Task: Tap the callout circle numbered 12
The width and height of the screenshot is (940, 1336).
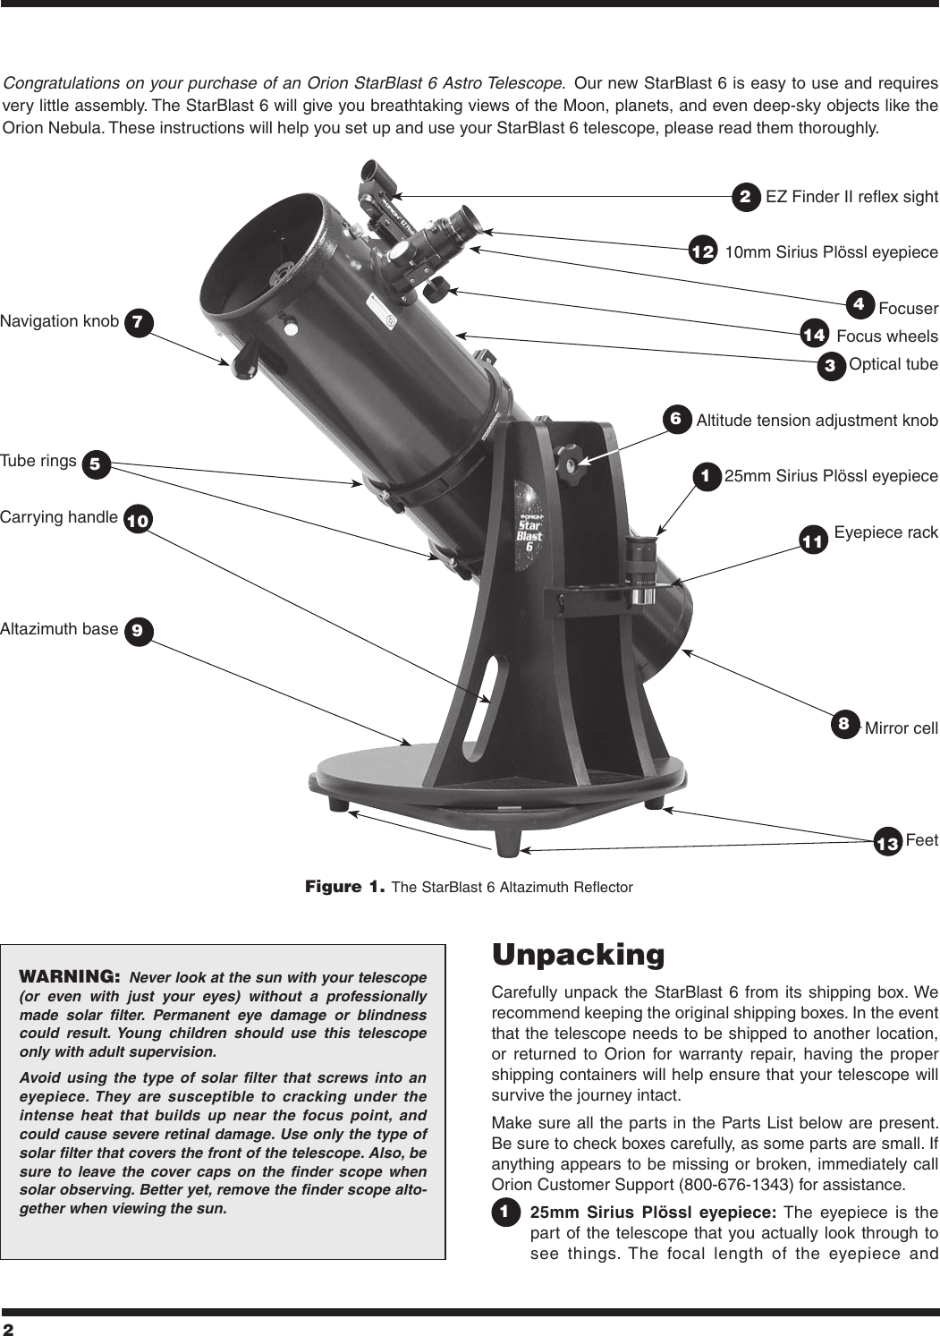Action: (x=703, y=252)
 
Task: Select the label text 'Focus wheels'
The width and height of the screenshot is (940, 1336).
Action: (x=886, y=336)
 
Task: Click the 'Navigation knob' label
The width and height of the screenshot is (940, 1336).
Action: (x=59, y=321)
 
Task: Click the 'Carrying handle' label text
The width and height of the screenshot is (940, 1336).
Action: (x=59, y=517)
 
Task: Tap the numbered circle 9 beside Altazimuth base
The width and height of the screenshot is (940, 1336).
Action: (x=137, y=630)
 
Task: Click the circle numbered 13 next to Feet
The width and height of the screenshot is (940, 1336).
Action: (x=887, y=843)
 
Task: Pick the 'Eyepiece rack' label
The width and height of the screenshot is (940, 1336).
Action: (x=885, y=533)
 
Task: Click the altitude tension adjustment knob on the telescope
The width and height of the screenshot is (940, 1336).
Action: (x=569, y=457)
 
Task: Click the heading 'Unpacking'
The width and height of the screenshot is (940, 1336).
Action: (x=579, y=955)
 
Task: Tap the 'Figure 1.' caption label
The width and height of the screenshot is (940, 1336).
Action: (x=345, y=888)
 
